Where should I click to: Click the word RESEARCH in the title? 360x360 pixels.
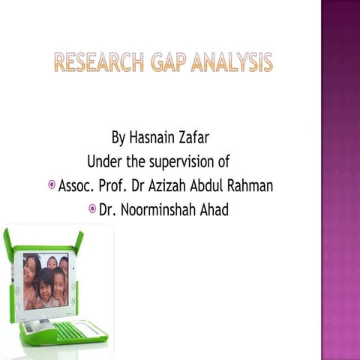click(96, 63)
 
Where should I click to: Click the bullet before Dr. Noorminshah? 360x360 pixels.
click(92, 208)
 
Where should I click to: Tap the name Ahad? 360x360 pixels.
click(213, 209)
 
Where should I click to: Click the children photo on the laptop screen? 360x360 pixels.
click(45, 281)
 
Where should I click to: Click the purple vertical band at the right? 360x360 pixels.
click(340, 180)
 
